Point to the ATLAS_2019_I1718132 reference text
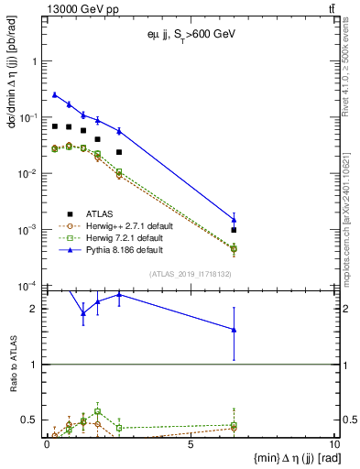pos(191,273)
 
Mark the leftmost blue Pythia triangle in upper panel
pos(55,94)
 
